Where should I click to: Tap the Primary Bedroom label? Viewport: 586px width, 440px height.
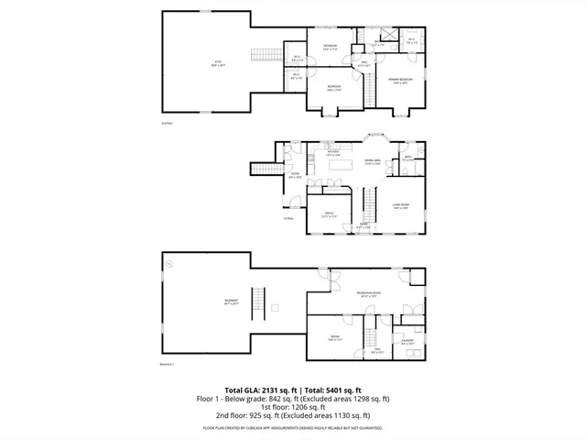click(x=400, y=80)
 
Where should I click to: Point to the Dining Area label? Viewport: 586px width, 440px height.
click(x=372, y=161)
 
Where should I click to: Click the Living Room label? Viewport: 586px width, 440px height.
click(x=400, y=206)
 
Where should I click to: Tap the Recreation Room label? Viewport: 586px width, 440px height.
click(x=369, y=294)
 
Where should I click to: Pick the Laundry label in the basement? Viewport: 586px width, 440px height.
click(x=407, y=342)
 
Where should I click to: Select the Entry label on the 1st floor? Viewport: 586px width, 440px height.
click(x=295, y=174)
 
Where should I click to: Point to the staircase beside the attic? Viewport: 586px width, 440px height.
click(x=265, y=53)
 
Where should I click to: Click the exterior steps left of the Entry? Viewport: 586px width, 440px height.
click(x=266, y=169)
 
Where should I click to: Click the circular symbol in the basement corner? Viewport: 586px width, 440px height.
click(x=169, y=262)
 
